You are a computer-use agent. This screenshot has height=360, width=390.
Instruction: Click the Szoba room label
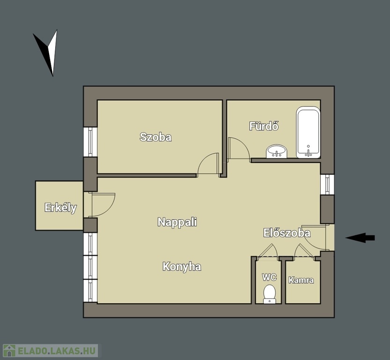(x=155, y=137)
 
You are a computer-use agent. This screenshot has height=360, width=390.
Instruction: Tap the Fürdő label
(x=264, y=126)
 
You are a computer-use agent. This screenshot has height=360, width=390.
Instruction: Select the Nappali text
(x=177, y=222)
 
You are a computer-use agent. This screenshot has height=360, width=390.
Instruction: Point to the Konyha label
(x=182, y=267)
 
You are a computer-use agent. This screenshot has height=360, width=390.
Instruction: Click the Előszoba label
(x=287, y=233)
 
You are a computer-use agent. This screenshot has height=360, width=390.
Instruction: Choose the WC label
(x=269, y=277)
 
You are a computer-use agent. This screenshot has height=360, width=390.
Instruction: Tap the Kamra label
(x=301, y=280)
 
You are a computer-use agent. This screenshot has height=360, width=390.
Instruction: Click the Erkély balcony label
(x=60, y=208)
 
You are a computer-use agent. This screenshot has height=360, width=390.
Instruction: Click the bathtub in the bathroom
(x=308, y=132)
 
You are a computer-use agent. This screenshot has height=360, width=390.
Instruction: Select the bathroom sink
(x=277, y=151)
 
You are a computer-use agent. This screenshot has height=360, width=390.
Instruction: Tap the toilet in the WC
(x=269, y=294)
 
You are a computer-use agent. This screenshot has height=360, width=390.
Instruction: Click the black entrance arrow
(x=360, y=238)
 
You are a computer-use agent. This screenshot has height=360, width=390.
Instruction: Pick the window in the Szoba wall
(x=90, y=142)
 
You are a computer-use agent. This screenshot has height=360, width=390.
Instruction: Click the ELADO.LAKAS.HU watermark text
(x=57, y=351)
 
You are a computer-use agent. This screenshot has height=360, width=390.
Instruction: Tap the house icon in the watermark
(x=9, y=351)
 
